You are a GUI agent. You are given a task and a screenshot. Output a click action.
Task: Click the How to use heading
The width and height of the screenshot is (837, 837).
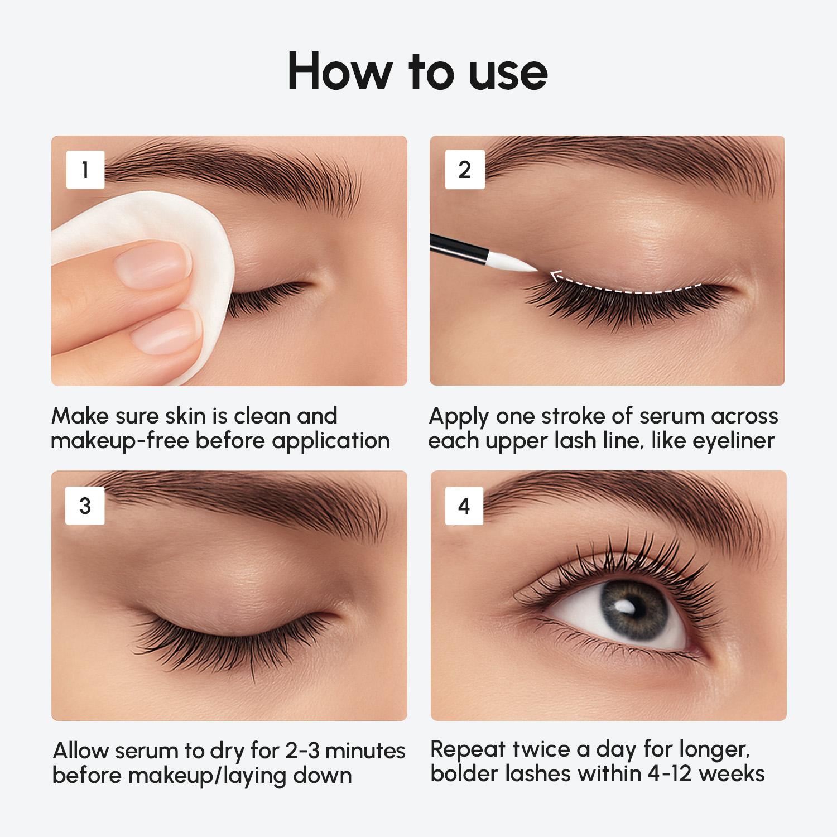(417, 71)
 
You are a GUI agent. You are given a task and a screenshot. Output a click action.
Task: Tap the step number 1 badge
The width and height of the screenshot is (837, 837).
(85, 170)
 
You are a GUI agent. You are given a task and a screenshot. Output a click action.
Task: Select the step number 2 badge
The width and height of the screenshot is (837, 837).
(464, 170)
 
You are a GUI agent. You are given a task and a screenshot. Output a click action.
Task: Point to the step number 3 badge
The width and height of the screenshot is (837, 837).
(85, 506)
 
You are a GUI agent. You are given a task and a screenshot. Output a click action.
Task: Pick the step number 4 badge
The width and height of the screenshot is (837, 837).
(464, 506)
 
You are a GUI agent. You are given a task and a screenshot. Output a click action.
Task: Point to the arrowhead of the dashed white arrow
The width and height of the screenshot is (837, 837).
(554, 275)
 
